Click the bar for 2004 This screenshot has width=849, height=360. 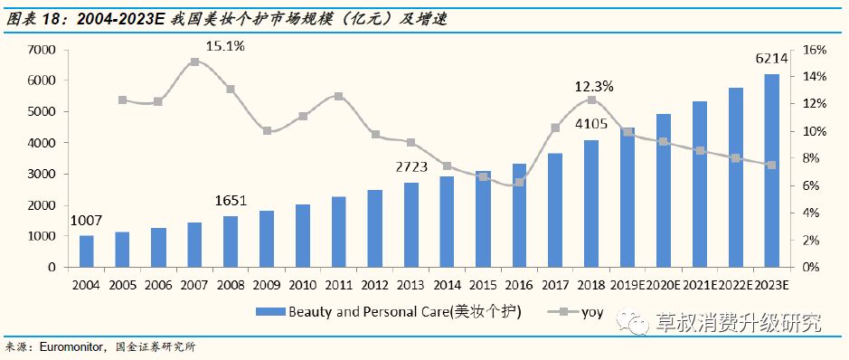[x=87, y=251]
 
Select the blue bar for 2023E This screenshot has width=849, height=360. [x=771, y=171]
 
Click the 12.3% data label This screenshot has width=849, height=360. [x=594, y=87]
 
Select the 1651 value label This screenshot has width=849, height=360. [x=231, y=200]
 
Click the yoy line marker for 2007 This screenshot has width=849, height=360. [x=195, y=62]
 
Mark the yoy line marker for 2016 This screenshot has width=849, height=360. [x=519, y=183]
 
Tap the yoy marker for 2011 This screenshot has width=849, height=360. [x=339, y=96]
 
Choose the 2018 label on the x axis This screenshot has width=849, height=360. [x=591, y=283]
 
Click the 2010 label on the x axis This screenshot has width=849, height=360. [x=303, y=283]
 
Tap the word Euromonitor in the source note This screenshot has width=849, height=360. [x=73, y=346]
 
